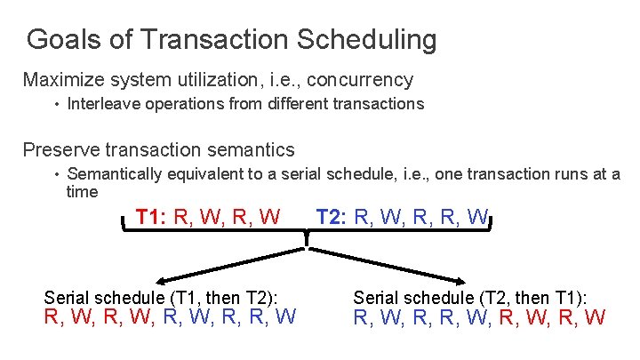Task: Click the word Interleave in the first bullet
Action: pyautogui.click(x=100, y=104)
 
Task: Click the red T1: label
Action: pyautogui.click(x=152, y=217)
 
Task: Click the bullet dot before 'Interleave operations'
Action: pyautogui.click(x=55, y=104)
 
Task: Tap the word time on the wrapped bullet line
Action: pyautogui.click(x=83, y=191)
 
